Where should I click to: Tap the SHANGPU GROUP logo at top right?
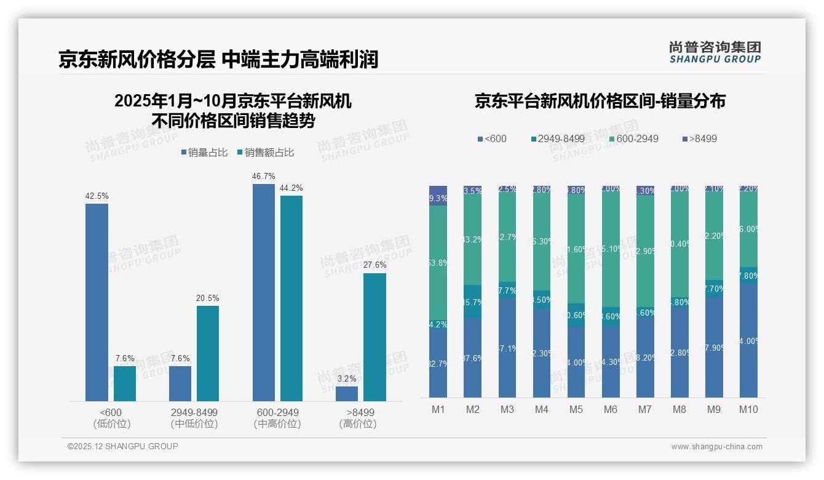point(715,52)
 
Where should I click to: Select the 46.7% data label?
point(263,177)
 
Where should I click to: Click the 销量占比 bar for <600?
point(97,302)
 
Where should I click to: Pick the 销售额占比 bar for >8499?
point(374,337)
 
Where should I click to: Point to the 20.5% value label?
point(208,298)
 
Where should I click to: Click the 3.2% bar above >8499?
point(347,393)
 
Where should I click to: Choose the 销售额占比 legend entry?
point(266,153)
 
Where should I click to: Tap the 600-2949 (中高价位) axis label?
point(277,418)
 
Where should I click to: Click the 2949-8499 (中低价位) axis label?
point(194,418)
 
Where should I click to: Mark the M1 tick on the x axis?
point(438,409)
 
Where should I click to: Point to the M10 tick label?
point(748,409)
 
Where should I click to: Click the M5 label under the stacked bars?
point(576,409)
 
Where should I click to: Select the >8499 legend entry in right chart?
point(699,138)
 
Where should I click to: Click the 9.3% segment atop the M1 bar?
point(438,196)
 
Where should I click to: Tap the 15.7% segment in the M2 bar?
point(472,302)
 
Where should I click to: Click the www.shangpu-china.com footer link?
point(716,447)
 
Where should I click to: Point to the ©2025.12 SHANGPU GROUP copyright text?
point(123,446)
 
